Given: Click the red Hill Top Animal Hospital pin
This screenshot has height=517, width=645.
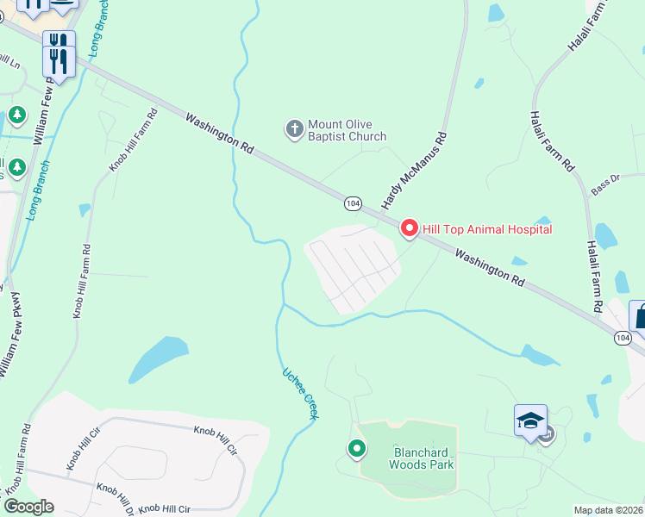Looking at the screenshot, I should (x=409, y=228).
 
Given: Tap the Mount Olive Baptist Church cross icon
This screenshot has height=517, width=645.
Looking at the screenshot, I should (x=294, y=130).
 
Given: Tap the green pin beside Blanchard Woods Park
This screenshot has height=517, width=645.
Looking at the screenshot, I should (x=355, y=448).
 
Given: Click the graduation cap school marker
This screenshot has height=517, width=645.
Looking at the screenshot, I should (x=530, y=420).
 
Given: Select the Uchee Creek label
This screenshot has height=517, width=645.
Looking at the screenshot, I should (x=301, y=394).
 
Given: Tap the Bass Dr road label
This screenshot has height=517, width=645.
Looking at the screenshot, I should (x=605, y=184).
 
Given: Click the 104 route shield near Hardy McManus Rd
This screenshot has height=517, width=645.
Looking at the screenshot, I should (x=352, y=202).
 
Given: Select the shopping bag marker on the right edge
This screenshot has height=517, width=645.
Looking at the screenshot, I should (x=640, y=315).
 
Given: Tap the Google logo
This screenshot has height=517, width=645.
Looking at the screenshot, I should (x=28, y=507).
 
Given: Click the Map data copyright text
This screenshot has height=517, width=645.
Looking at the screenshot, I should (x=608, y=510).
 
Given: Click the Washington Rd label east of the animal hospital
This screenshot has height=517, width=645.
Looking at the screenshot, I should (x=489, y=268).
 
